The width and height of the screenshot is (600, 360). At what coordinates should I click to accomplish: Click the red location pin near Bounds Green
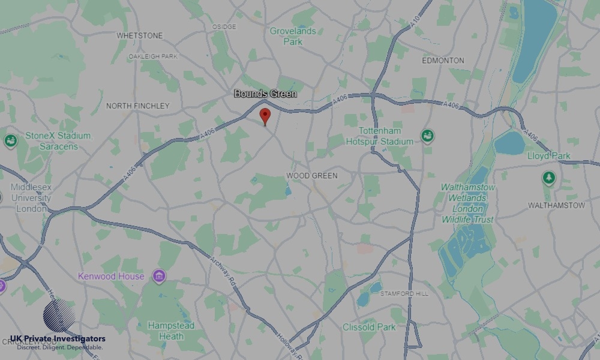tap(265, 115)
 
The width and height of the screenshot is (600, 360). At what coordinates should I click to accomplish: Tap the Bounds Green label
tap(265, 94)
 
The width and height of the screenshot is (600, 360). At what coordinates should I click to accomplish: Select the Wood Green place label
tap(311, 176)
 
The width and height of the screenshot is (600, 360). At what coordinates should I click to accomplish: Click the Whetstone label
tap(139, 35)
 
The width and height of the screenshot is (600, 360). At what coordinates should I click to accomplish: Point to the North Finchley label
tap(137, 106)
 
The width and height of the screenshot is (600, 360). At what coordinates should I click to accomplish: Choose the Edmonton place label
tap(443, 61)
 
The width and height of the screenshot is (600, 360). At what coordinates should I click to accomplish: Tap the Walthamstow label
tap(556, 205)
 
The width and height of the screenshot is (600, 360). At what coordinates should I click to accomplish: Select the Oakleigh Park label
tap(153, 56)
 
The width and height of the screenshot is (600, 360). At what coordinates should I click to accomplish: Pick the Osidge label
tap(224, 27)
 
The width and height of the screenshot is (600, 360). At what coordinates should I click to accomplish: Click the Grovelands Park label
tap(293, 36)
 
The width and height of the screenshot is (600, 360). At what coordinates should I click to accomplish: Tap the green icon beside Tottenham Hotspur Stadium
tap(427, 136)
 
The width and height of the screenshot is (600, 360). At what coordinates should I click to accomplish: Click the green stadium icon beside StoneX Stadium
tap(10, 141)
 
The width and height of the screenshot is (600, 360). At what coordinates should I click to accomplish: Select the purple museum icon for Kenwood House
tap(159, 276)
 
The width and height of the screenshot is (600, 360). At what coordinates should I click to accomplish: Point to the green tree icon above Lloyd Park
tap(548, 178)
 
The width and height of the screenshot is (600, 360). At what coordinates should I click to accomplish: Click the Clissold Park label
tap(369, 327)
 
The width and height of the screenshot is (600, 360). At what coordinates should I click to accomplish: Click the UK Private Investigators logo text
tap(58, 339)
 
